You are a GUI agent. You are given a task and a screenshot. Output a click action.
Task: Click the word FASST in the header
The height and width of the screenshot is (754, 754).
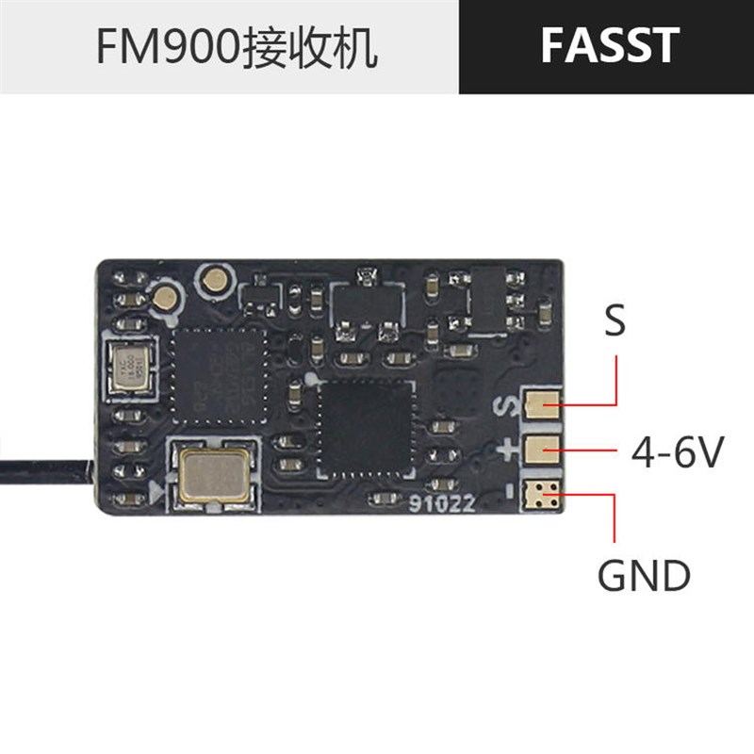click(x=610, y=46)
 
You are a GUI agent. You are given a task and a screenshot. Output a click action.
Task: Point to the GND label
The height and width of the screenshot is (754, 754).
click(x=645, y=574)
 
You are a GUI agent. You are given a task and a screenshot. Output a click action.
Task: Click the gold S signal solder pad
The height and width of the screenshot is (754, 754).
click(x=540, y=406)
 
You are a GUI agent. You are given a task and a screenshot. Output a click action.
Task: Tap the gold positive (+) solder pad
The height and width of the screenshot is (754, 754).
click(x=540, y=450)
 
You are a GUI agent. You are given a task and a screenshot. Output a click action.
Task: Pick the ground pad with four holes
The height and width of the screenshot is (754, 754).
click(x=542, y=492)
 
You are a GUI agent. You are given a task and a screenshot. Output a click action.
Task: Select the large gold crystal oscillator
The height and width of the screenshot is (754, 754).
click(x=212, y=473)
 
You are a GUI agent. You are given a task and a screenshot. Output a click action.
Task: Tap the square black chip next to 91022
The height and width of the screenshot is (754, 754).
click(x=367, y=429)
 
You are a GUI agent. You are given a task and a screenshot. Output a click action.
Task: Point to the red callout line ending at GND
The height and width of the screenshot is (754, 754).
click(x=615, y=518)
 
